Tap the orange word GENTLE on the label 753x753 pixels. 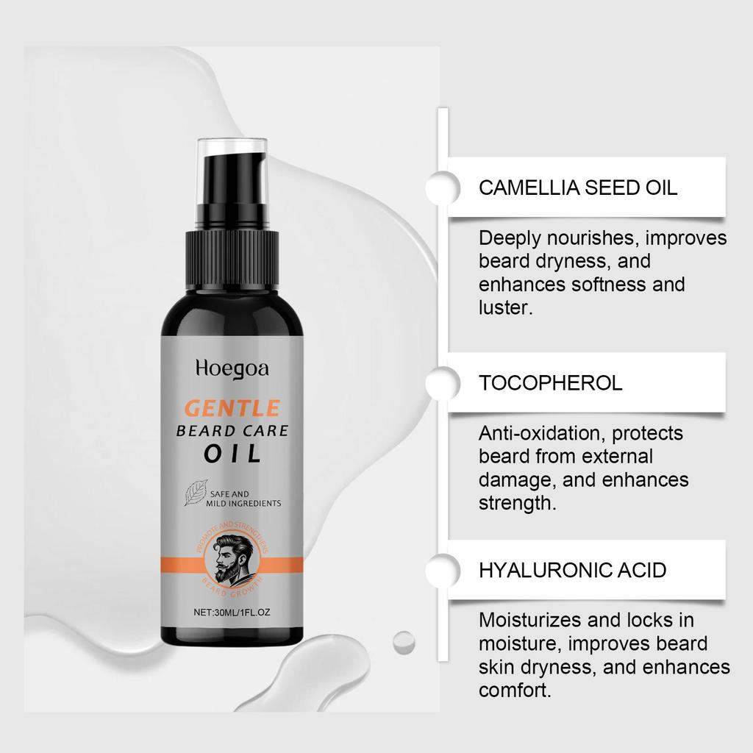(232, 407)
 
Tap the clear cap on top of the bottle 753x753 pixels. (232, 158)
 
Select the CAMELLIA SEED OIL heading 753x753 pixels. (578, 187)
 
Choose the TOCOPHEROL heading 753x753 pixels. (550, 382)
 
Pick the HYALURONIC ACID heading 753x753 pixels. (573, 569)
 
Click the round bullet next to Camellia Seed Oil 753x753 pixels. (439, 187)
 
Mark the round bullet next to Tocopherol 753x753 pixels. (439, 382)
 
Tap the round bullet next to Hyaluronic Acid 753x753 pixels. (439, 569)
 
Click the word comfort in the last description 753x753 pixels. (513, 691)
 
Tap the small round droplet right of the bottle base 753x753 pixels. (403, 641)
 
